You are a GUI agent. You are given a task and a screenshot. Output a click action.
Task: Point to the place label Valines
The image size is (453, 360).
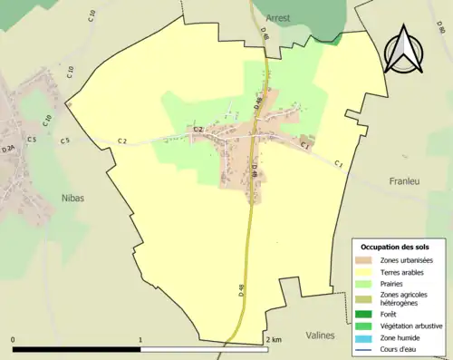pyautogui.click(x=320, y=335)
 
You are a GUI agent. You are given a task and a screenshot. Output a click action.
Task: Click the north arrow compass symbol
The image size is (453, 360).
pyautogui.click(x=404, y=50)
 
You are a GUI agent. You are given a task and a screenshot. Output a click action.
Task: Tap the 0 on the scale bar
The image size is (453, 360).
pyautogui.click(x=14, y=340)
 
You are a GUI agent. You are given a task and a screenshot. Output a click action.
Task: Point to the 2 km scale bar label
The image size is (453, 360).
pyautogui.click(x=273, y=340)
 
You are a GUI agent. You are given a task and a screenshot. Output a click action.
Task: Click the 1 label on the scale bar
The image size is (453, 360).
pyautogui.click(x=140, y=340)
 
